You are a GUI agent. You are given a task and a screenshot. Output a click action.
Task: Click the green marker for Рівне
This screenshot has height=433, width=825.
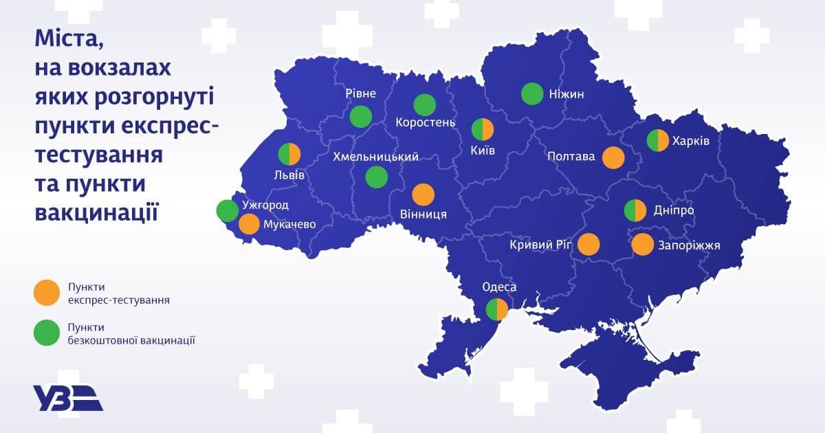(x=360, y=116)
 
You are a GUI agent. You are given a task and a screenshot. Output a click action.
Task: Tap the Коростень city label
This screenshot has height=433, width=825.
(x=426, y=123)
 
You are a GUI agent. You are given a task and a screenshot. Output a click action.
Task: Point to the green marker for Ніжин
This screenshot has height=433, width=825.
(x=531, y=94)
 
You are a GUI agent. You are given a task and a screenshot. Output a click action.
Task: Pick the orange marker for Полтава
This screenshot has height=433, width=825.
(x=613, y=157)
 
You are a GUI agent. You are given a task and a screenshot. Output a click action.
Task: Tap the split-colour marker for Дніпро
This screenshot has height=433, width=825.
(x=635, y=210)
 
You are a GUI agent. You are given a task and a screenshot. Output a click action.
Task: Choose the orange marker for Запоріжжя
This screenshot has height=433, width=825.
(x=642, y=244)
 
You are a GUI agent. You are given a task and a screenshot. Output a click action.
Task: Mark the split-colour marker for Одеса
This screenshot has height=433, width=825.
(x=496, y=310)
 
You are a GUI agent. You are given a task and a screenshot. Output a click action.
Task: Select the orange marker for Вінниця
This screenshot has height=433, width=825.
(x=422, y=195)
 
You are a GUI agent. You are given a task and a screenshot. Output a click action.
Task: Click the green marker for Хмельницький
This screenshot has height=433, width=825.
(x=376, y=177)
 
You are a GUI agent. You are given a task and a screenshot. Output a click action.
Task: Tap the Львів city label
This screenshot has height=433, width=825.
(x=289, y=175)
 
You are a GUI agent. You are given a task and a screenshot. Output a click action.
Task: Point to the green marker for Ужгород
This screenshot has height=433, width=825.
(x=228, y=210)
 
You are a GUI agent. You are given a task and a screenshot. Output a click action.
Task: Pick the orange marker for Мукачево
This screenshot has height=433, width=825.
(x=249, y=224)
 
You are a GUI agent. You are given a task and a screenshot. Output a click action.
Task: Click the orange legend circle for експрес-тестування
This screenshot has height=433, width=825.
(x=46, y=291)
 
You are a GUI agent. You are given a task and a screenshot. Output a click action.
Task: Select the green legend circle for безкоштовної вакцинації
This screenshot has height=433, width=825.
(x=46, y=333)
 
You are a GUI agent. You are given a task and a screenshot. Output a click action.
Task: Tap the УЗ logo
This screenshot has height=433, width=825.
(x=67, y=398)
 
